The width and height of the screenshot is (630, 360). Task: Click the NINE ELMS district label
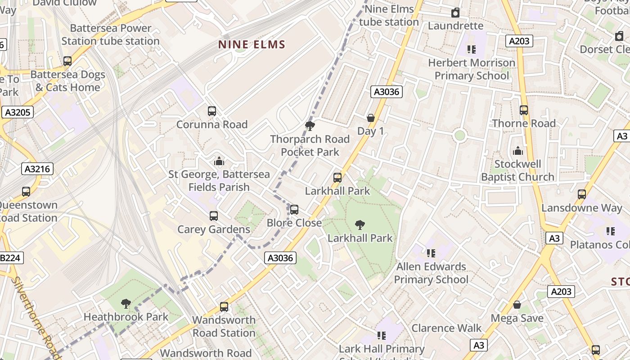click(x=252, y=45)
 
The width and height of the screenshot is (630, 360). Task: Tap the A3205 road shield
click(x=18, y=112)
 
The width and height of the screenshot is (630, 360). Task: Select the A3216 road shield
click(x=37, y=169)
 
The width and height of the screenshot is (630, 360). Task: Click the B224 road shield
click(x=10, y=258)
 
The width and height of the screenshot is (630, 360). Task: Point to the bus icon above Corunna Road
click(x=212, y=111)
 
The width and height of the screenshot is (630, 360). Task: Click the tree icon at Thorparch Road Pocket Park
click(x=310, y=126)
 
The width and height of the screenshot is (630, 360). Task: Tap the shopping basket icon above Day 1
click(x=371, y=118)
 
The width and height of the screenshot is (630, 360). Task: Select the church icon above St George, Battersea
click(x=219, y=161)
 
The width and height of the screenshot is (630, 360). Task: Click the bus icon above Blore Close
click(x=294, y=209)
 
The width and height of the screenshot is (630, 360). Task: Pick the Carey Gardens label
click(x=213, y=229)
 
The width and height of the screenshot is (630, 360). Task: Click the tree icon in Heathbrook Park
click(x=126, y=304)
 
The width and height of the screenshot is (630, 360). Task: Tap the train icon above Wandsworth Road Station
click(x=224, y=307)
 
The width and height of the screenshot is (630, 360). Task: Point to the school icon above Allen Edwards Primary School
click(x=431, y=253)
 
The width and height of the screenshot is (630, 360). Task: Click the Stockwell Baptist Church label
click(x=517, y=171)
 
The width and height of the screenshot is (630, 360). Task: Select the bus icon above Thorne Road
click(x=524, y=110)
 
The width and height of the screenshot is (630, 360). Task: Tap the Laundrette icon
click(x=455, y=13)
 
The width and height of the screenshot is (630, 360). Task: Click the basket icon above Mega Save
click(x=517, y=305)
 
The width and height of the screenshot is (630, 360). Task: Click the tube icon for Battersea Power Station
click(x=67, y=61)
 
